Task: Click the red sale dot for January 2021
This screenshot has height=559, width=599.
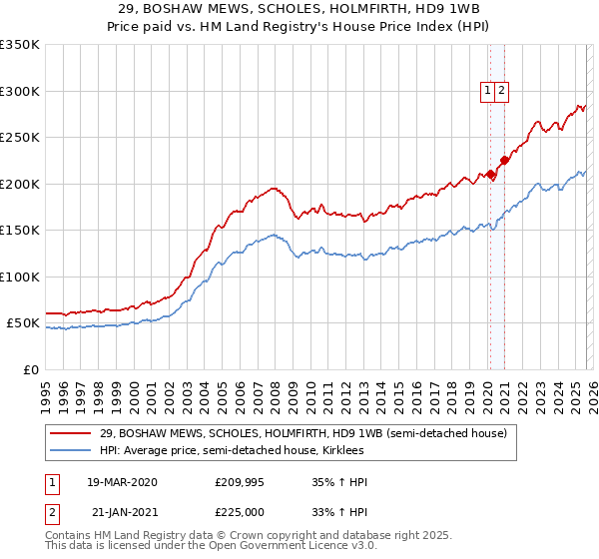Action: coord(505,160)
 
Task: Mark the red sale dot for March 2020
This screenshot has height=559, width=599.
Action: coord(490,175)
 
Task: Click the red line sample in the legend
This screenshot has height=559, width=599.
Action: coord(71,433)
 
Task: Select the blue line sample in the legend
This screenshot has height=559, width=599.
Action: coord(71,451)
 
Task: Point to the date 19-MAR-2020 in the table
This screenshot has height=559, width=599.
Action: coord(122,482)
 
